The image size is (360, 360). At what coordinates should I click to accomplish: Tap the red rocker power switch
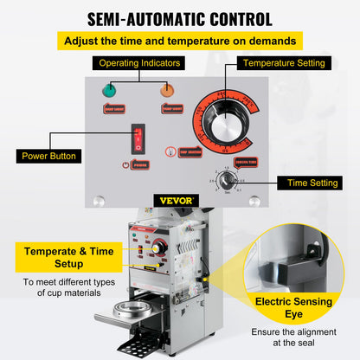tap(136, 137)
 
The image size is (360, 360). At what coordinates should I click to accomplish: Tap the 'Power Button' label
tap(50, 157)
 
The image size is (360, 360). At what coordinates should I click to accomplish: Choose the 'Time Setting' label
tap(309, 183)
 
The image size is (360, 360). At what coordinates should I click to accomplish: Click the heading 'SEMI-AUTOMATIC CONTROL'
tap(179, 18)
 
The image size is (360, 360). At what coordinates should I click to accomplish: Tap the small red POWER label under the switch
tap(136, 164)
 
